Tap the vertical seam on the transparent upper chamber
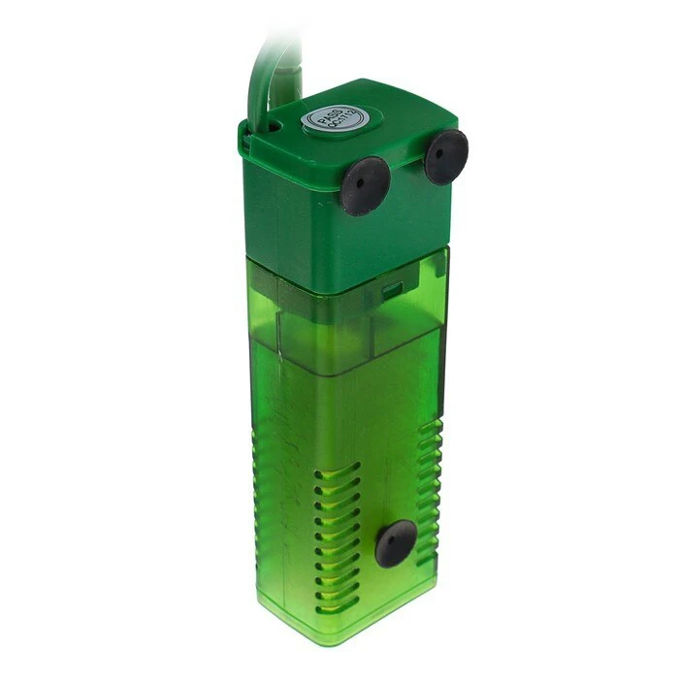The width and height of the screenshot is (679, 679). [x=278, y=310]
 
